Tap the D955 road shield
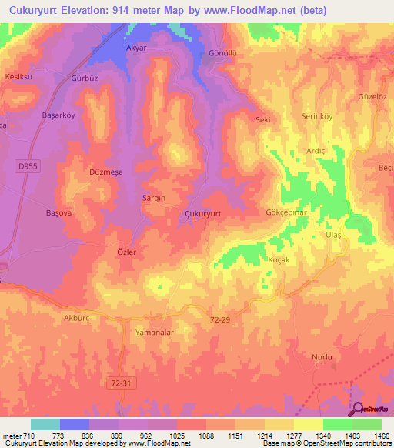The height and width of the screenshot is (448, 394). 26,165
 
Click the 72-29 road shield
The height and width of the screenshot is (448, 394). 220,317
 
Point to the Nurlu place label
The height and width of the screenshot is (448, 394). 321,358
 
